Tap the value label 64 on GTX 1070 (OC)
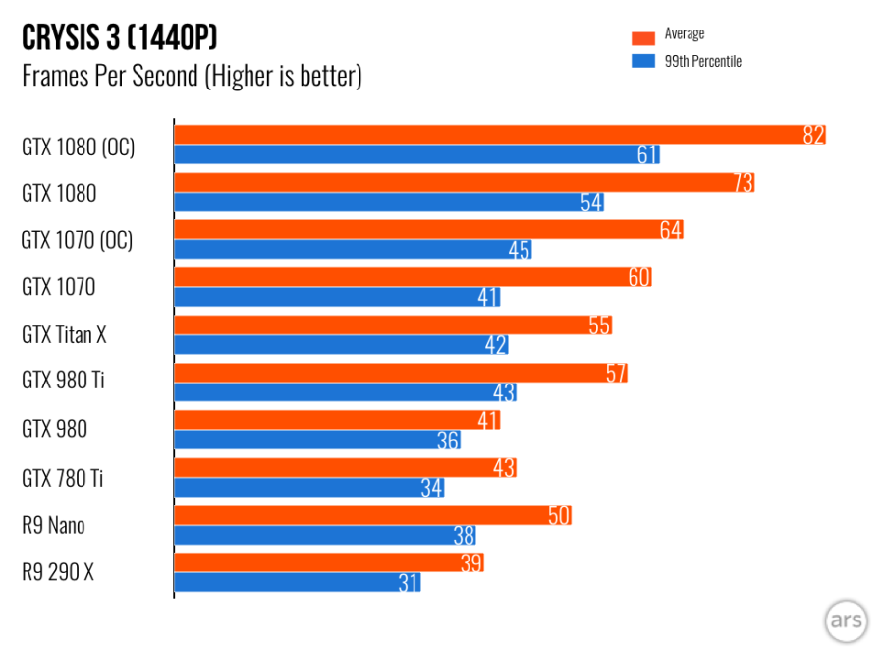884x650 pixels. point(671,230)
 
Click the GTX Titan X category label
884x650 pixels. point(64,335)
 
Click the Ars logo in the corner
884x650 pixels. point(846,620)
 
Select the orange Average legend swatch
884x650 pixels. point(643,37)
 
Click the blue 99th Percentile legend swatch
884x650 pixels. point(643,62)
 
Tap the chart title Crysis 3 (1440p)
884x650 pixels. point(119,39)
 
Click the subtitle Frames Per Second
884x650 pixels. point(192,76)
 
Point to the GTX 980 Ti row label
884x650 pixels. point(63,381)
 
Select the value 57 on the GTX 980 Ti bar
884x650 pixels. point(616,374)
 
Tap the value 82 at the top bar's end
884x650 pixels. point(813,136)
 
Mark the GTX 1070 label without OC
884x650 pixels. point(59,288)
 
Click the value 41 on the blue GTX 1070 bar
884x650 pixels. point(488,297)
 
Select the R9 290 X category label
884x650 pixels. point(58,572)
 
